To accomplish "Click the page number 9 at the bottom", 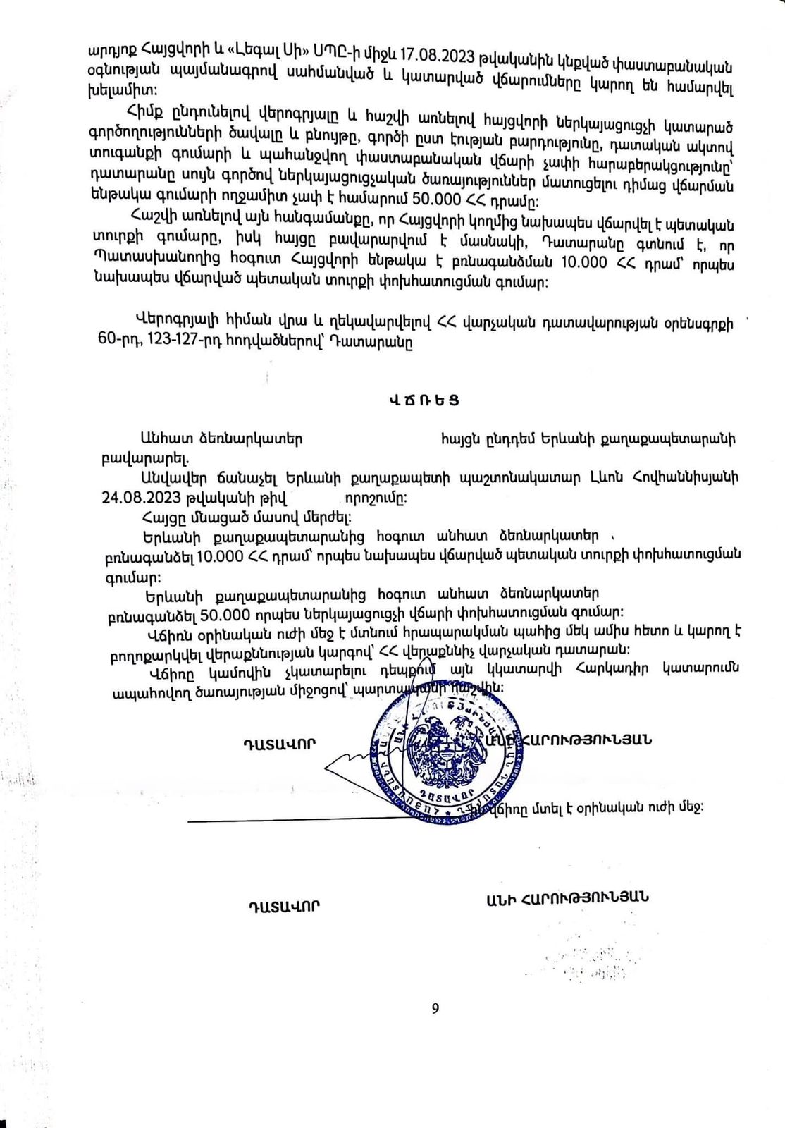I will (x=435, y=1008).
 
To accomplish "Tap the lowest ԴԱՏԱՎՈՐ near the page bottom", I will (x=283, y=905).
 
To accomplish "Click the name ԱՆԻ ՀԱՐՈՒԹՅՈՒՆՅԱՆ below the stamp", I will (x=567, y=897).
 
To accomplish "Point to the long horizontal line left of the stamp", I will (x=282, y=820).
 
